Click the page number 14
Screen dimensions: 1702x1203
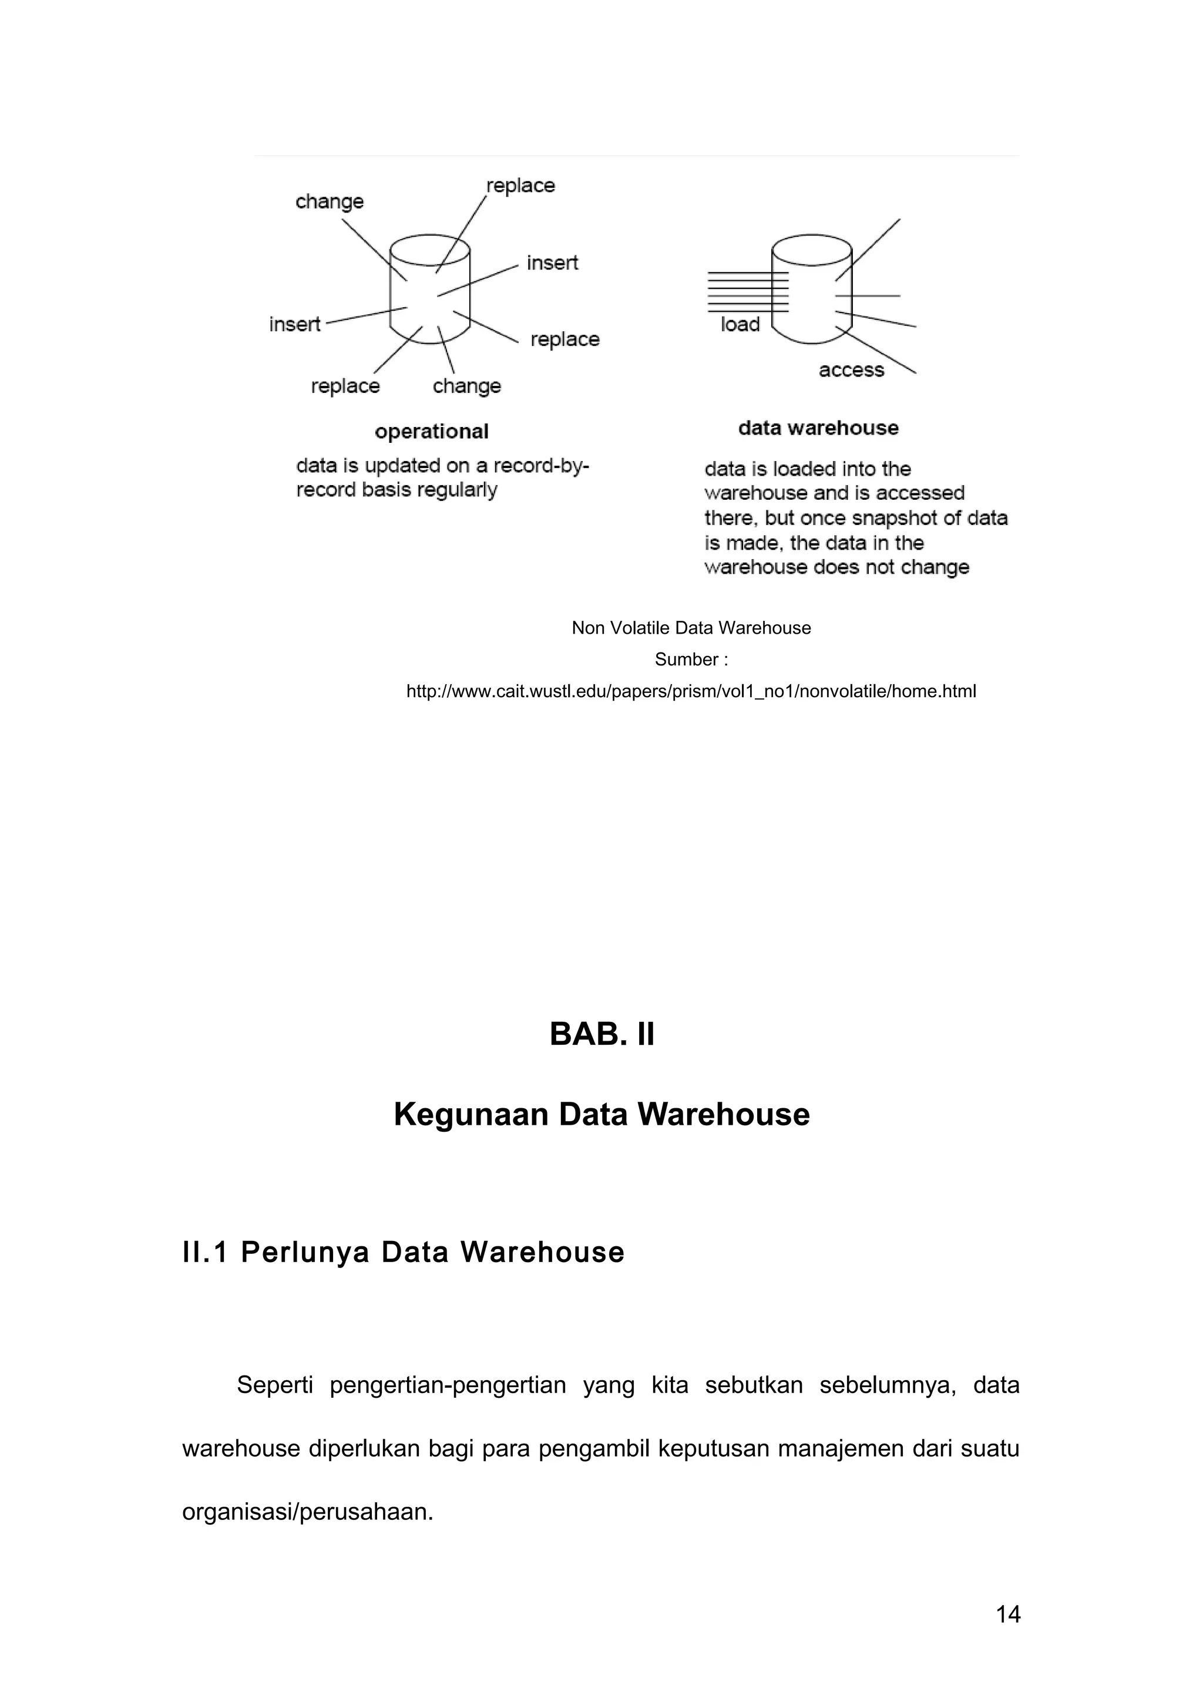click(1008, 1614)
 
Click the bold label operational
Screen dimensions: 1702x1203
click(431, 432)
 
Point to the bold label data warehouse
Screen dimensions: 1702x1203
click(818, 428)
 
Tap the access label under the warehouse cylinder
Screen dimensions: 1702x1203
click(851, 370)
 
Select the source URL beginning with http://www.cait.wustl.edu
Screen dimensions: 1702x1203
click(691, 692)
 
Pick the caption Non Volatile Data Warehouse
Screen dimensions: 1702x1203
click(691, 628)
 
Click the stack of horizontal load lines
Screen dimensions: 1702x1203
click(747, 292)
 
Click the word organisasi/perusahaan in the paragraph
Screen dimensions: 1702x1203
click(307, 1512)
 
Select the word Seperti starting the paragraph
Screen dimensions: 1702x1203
click(275, 1385)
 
